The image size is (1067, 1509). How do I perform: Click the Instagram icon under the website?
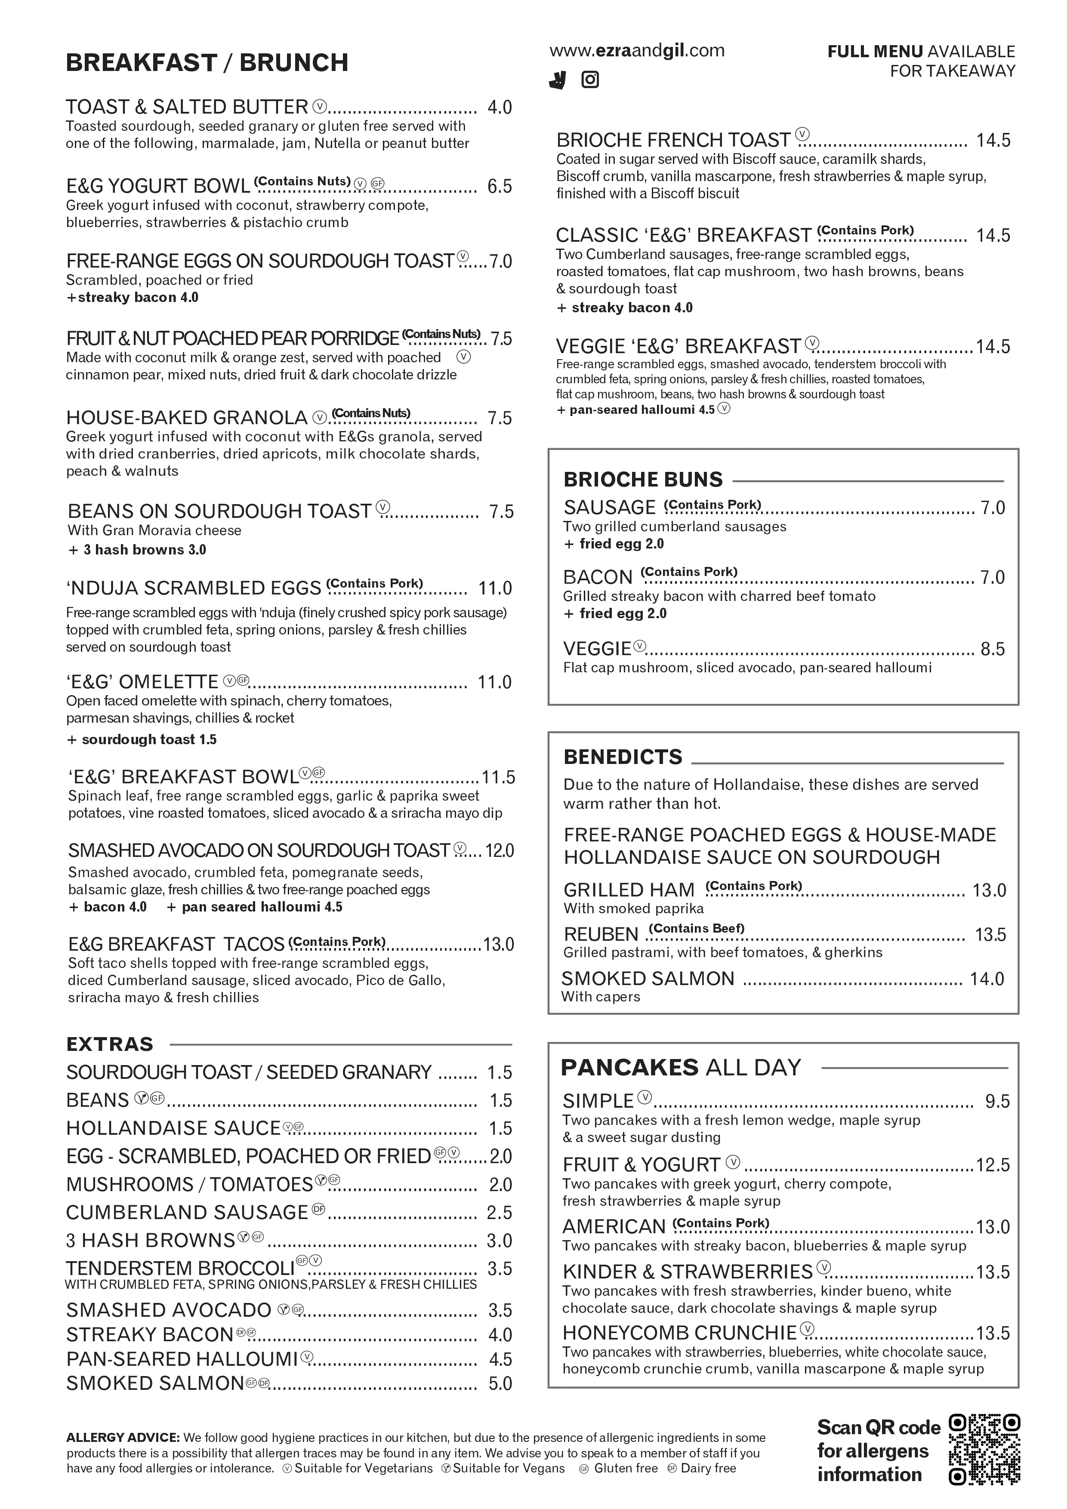590,80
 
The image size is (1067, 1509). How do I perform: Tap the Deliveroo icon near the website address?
558,80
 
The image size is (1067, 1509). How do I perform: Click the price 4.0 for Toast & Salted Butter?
499,107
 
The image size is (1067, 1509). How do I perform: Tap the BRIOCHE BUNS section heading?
642,479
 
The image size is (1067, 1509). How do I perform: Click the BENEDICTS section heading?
623,757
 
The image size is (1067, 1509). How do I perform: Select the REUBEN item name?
601,934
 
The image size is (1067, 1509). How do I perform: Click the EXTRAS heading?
110,1044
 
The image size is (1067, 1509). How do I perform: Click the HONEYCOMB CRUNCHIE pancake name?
679,1333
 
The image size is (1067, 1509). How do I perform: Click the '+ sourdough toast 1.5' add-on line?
142,739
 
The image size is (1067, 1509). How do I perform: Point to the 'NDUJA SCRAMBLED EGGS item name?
194,588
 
